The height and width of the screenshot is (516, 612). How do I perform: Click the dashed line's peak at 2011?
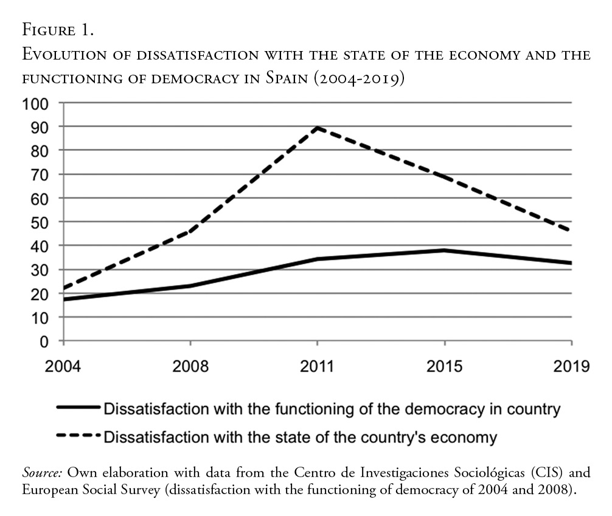point(318,128)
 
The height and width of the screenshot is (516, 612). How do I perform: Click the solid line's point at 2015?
point(445,250)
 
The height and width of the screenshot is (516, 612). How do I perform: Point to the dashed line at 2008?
point(190,231)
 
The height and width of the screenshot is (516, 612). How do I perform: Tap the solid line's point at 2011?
point(318,259)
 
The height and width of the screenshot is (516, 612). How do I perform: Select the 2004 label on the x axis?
point(63,366)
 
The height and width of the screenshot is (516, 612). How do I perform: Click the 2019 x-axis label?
point(571,366)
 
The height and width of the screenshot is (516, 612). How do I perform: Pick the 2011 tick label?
point(318,366)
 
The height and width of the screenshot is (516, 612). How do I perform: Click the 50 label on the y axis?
point(40,222)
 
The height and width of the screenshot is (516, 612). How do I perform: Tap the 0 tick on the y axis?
point(44,341)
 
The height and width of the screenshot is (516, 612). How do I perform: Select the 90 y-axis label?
point(40,126)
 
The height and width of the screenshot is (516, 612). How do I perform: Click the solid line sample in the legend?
point(78,408)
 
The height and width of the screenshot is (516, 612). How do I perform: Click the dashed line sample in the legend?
point(78,436)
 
